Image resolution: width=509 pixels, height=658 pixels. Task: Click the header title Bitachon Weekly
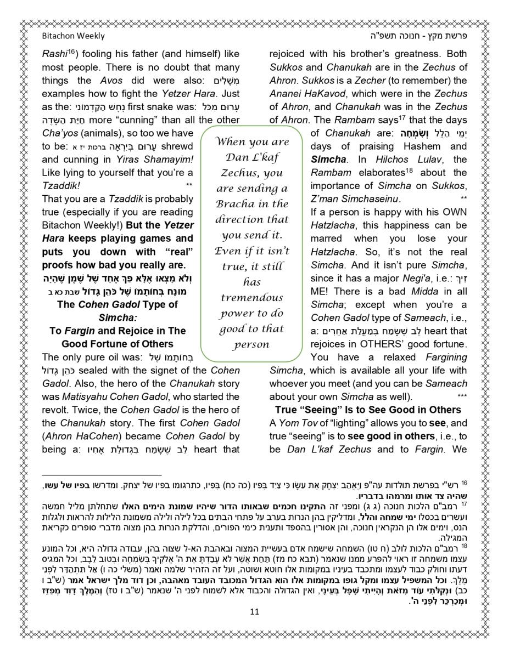pyautogui.click(x=73, y=36)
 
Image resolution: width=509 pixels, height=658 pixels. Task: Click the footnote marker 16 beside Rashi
pyautogui.click(x=71, y=53)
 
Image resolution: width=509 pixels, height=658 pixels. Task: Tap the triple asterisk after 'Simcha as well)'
pyautogui.click(x=462, y=396)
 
